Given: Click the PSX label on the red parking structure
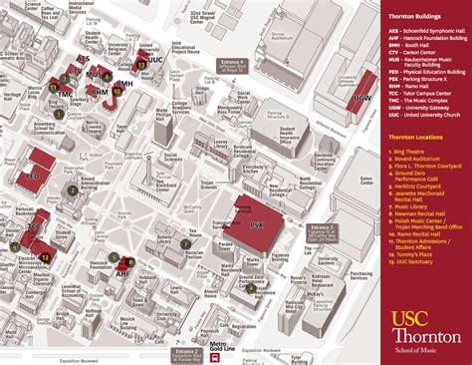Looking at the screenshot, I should click(258, 226).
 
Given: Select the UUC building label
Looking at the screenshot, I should click(153, 61).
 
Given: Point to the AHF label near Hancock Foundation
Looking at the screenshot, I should click(122, 271).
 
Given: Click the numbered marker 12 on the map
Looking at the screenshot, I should click(45, 257).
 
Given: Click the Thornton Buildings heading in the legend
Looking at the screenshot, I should click(415, 20).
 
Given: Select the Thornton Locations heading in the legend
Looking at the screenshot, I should click(416, 135).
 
